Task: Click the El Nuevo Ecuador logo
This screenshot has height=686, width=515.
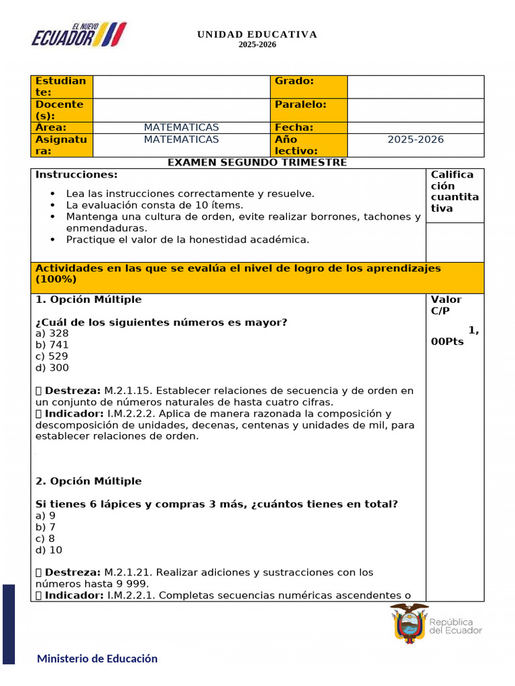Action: pyautogui.click(x=78, y=35)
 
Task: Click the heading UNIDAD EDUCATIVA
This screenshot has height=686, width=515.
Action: pyautogui.click(x=257, y=35)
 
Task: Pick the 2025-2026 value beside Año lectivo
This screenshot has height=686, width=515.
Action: pyautogui.click(x=415, y=140)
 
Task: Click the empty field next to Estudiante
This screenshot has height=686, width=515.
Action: pyautogui.click(x=181, y=86)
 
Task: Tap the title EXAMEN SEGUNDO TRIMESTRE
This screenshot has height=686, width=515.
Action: pyautogui.click(x=257, y=162)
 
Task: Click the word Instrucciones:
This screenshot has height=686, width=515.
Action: pyautogui.click(x=76, y=175)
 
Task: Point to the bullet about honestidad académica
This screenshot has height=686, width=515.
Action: pyautogui.click(x=188, y=239)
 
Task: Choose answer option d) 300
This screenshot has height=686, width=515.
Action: pyautogui.click(x=52, y=368)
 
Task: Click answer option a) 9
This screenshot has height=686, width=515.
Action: pyautogui.click(x=46, y=516)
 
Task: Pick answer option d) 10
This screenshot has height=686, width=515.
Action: pyautogui.click(x=48, y=550)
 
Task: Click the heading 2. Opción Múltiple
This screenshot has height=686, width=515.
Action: pyautogui.click(x=89, y=481)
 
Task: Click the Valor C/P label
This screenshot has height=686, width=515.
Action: pyautogui.click(x=446, y=305)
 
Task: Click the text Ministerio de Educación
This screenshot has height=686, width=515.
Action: pyautogui.click(x=97, y=659)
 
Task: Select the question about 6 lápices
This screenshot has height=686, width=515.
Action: pyautogui.click(x=216, y=504)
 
